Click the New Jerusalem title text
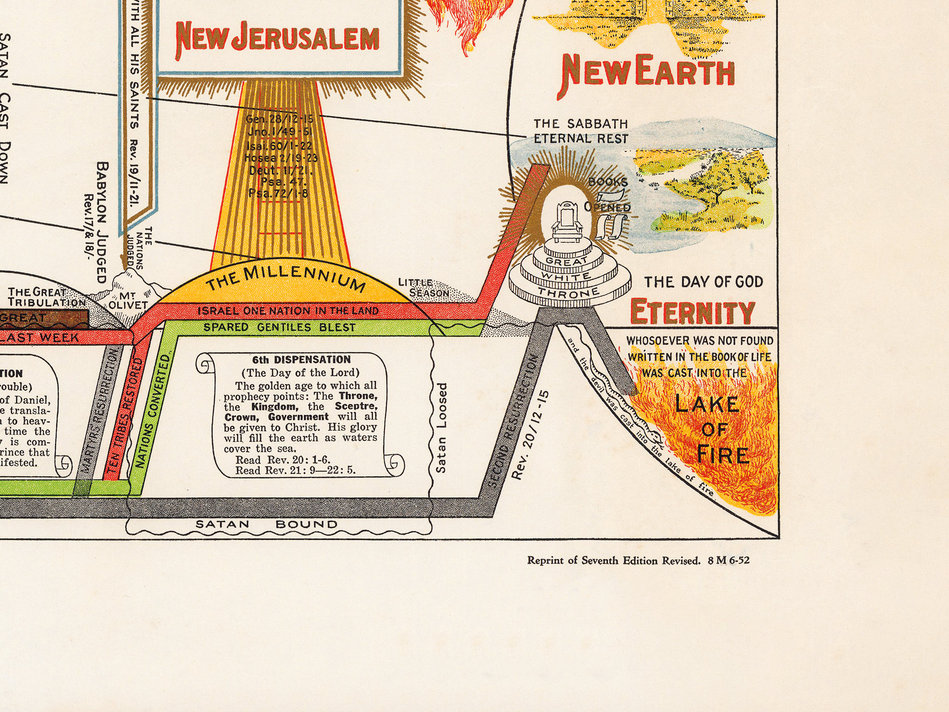click(x=278, y=38)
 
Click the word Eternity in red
click(x=693, y=312)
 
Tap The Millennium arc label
click(x=285, y=278)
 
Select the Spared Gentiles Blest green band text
click(x=280, y=327)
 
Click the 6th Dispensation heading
click(x=301, y=360)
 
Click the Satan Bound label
click(x=267, y=525)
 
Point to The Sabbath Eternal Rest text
click(x=581, y=131)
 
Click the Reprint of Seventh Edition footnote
click(x=638, y=561)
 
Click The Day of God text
click(x=704, y=282)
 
